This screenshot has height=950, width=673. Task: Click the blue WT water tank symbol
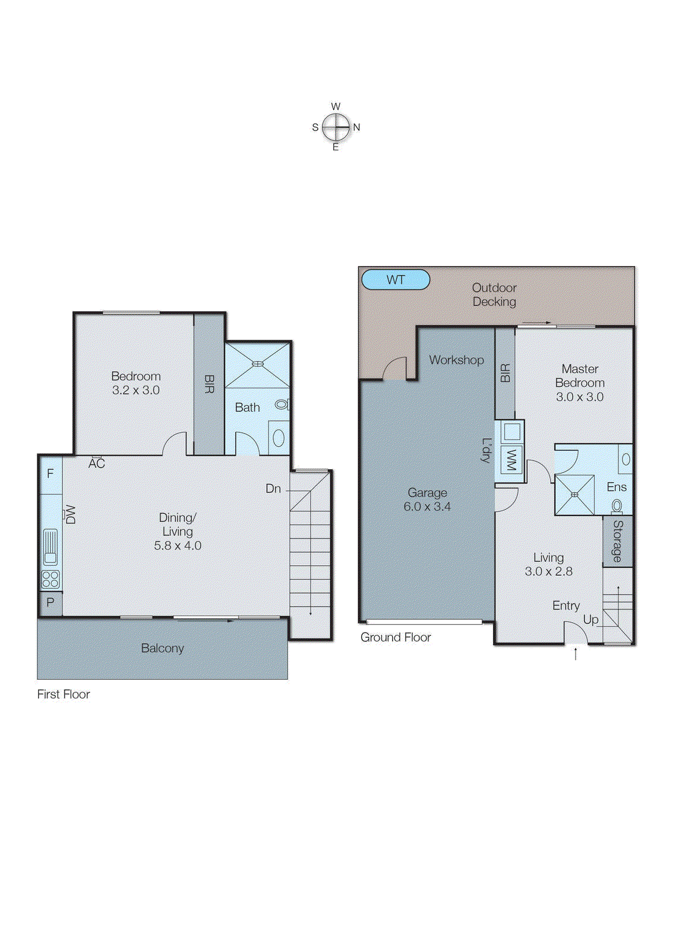(x=395, y=280)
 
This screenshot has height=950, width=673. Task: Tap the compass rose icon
(x=336, y=127)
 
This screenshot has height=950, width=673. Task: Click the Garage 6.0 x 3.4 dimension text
(x=427, y=506)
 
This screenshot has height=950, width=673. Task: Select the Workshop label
(x=456, y=360)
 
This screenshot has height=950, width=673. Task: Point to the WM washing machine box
(x=510, y=460)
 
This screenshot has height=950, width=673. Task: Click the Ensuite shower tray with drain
(x=574, y=494)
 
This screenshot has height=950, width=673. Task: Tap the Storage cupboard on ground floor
(x=618, y=541)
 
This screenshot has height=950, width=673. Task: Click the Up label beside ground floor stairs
(x=590, y=619)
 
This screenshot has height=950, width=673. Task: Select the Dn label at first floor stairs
(x=273, y=489)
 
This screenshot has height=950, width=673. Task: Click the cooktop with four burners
(x=50, y=579)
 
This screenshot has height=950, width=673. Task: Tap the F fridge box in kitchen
(x=50, y=474)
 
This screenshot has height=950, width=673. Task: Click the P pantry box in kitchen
(x=50, y=603)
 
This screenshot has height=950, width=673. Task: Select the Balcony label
(x=162, y=648)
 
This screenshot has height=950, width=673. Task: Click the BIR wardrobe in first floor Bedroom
(x=209, y=384)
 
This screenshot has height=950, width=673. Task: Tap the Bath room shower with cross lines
(x=257, y=363)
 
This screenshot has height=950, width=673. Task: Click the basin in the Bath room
(x=278, y=438)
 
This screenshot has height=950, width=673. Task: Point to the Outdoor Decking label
(x=494, y=294)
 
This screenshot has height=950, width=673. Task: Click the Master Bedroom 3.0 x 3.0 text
(x=580, y=383)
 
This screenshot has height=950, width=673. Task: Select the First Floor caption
(x=64, y=694)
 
